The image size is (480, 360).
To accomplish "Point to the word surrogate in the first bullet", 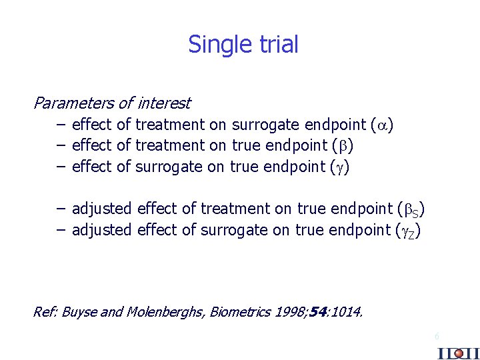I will (265, 125).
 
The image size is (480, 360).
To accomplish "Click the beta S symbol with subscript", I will (413, 209).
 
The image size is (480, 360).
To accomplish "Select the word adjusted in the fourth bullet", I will (102, 209).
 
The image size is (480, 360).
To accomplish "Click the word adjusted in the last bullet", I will (102, 231).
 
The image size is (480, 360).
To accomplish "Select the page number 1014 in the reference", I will (347, 311).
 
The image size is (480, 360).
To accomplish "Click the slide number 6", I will (437, 335).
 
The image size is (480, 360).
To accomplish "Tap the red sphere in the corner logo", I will (458, 353).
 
